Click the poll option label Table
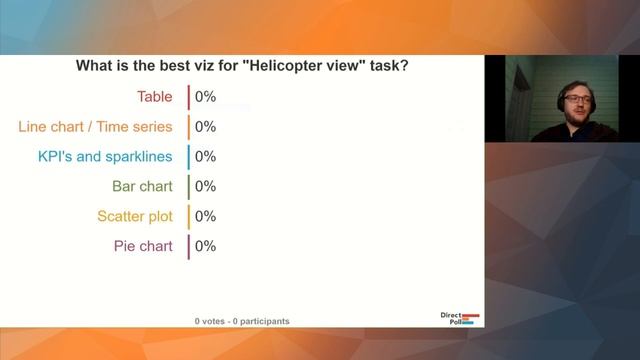pos(155,97)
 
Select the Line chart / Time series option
pos(96,127)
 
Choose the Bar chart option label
pos(142,186)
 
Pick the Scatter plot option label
pos(135,216)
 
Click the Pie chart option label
pos(143,246)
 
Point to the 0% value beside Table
pos(205,97)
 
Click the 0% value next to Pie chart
pos(205,246)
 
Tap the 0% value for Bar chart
pos(205,186)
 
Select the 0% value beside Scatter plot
pos(205,216)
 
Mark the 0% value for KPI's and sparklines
pos(205,157)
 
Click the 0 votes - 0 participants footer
pos(242,321)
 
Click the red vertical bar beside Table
pos(188,97)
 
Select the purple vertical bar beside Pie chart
pos(188,246)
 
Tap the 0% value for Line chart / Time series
pos(205,127)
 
